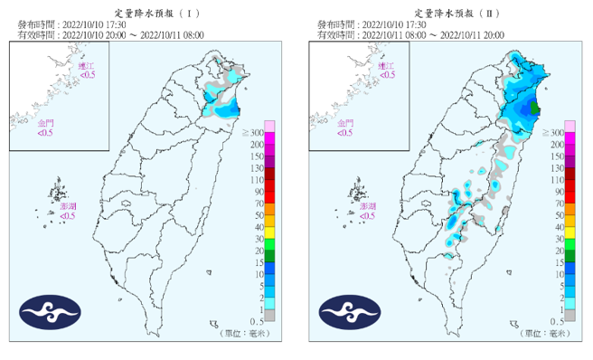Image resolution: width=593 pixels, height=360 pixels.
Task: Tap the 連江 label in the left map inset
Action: pyautogui.click(x=85, y=68)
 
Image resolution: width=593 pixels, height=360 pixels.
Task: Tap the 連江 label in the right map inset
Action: pyautogui.click(x=386, y=68)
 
